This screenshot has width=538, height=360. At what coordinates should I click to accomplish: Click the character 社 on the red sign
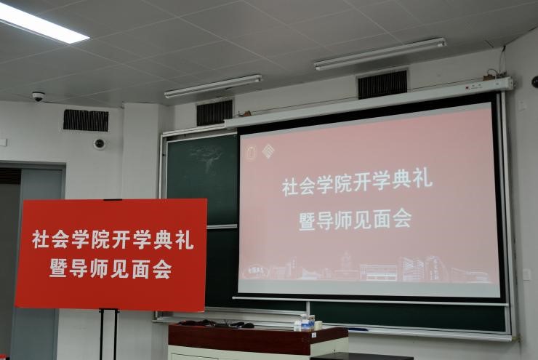coord(41,239)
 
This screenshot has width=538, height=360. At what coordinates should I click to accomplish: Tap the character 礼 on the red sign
coord(185,240)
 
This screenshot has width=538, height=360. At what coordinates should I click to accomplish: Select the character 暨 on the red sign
coord(58,268)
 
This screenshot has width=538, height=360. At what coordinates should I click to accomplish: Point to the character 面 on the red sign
coord(140,268)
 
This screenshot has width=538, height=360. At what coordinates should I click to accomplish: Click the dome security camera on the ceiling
coord(38,97)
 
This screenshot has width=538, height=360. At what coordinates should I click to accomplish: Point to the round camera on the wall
coord(99,143)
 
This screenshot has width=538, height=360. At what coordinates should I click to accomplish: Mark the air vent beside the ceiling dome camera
coord(86,121)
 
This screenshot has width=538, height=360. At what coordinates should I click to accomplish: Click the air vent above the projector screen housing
coord(382,84)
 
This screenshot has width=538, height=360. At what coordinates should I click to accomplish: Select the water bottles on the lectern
coord(305,323)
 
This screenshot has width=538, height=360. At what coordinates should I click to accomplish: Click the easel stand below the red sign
coord(108,334)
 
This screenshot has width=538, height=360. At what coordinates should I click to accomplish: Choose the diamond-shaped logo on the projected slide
coord(268,151)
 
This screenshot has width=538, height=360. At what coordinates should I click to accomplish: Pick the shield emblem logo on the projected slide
coord(252,153)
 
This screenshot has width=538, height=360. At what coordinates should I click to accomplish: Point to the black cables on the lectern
coord(216,324)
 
